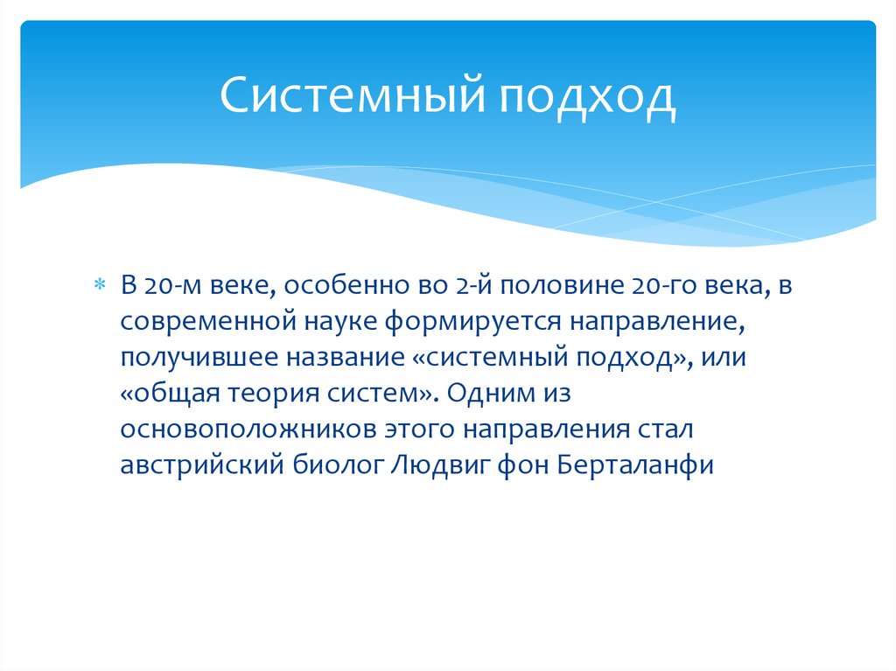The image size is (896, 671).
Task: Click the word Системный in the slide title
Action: click(351, 97)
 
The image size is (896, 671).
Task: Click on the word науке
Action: click(336, 321)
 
